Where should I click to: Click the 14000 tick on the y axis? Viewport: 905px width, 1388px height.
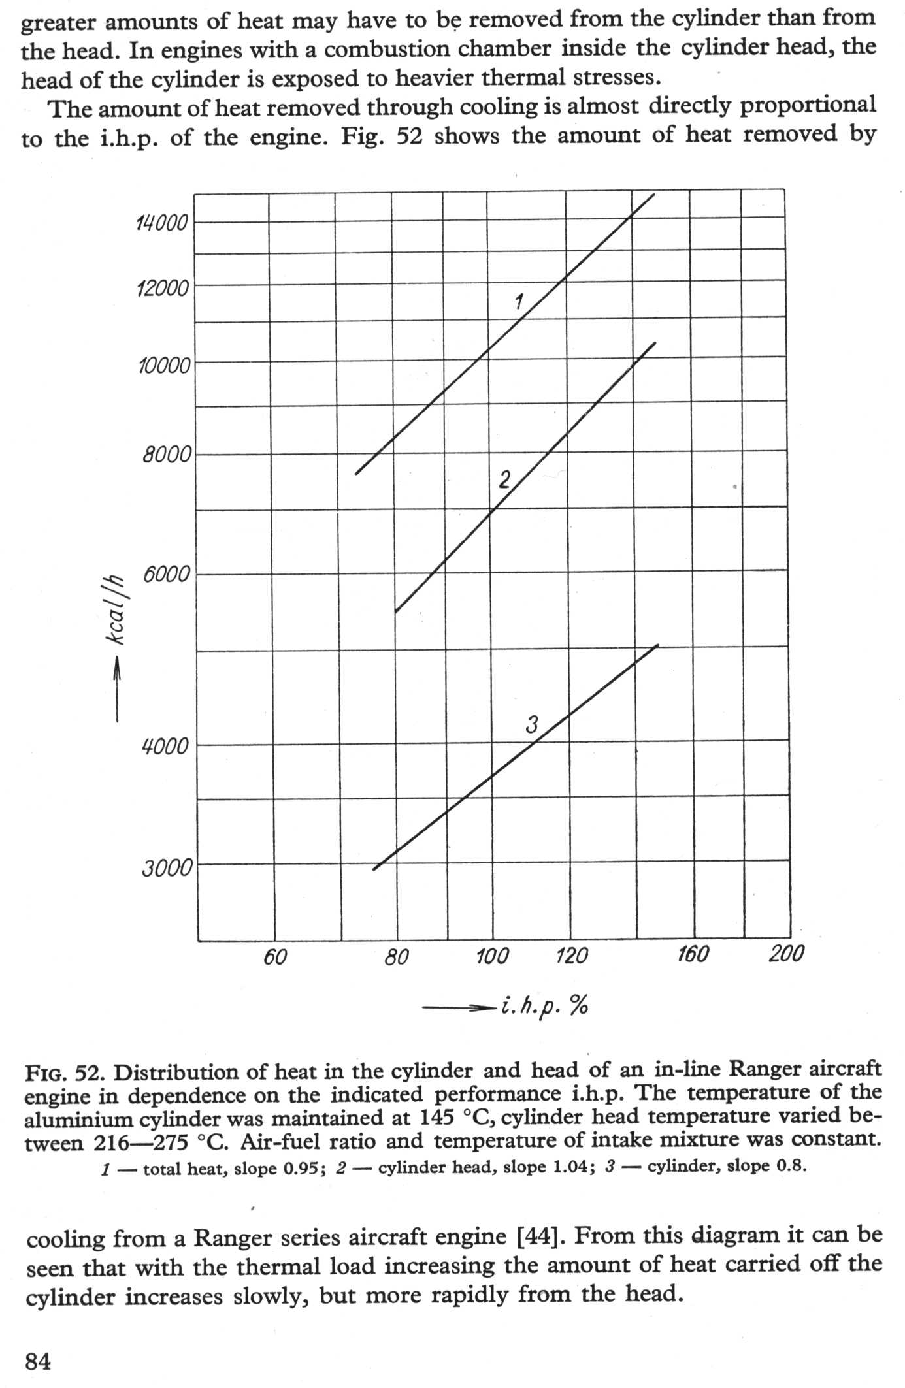161,224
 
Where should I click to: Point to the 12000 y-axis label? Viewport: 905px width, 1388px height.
163,288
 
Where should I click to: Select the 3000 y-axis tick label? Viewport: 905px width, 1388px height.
167,869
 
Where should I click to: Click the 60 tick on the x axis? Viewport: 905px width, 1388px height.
275,957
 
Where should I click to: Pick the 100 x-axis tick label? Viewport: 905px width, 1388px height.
492,957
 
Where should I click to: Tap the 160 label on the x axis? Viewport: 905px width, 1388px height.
693,955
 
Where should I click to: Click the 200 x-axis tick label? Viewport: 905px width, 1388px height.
786,954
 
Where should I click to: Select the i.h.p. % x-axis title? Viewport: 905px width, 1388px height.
545,1007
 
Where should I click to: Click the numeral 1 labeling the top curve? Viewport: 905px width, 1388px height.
519,301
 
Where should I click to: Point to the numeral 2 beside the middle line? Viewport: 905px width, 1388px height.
504,480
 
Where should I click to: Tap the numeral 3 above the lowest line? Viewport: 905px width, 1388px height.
532,724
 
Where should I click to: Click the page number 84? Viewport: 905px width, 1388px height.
38,1362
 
